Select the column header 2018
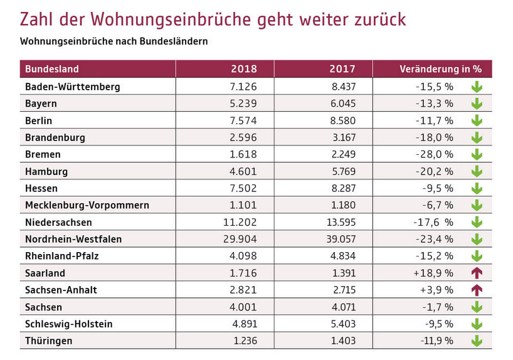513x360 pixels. (x=244, y=69)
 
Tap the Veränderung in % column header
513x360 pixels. (x=440, y=69)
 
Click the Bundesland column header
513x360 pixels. (x=52, y=69)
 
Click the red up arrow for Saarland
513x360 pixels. (x=477, y=273)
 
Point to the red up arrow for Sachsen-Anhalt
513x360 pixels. (x=477, y=290)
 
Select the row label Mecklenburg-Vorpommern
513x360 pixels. (x=87, y=205)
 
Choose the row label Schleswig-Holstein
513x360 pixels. (x=69, y=324)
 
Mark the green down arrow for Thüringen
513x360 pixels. (x=477, y=341)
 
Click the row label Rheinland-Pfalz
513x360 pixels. (x=62, y=256)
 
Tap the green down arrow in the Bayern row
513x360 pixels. (x=477, y=103)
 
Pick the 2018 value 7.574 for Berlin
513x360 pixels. (x=243, y=120)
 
